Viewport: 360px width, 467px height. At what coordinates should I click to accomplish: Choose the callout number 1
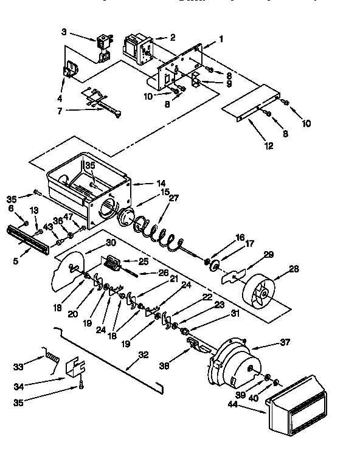(x=221, y=39)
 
